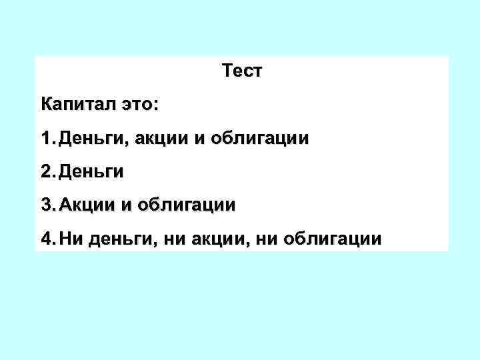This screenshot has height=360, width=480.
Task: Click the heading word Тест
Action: [x=243, y=71]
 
